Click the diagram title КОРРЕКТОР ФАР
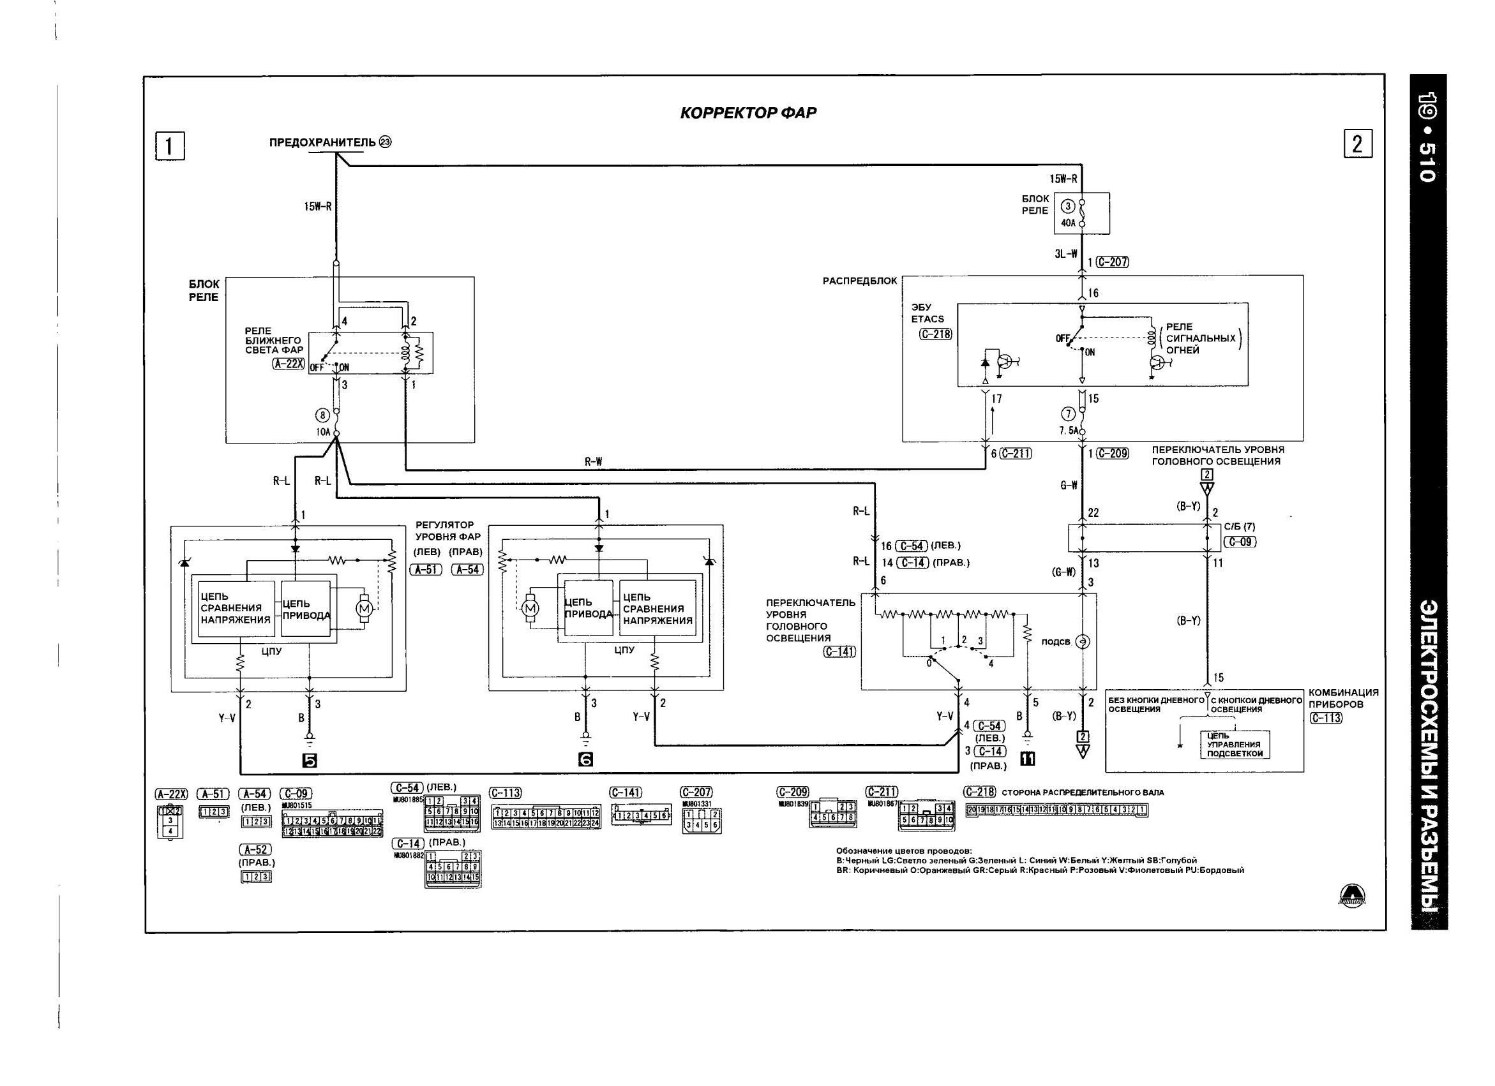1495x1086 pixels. click(747, 113)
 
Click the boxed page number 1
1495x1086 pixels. click(169, 145)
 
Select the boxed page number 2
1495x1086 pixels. click(1357, 144)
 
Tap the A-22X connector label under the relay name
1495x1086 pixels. click(288, 363)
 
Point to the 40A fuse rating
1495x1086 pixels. click(1068, 223)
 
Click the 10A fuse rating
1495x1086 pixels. click(323, 432)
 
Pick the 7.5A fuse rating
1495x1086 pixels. click(1069, 430)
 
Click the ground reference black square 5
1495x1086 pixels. click(309, 761)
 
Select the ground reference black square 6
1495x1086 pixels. click(585, 760)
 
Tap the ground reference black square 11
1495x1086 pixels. click(1027, 759)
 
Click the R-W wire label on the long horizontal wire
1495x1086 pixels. click(593, 462)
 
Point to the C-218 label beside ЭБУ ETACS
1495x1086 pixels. click(935, 334)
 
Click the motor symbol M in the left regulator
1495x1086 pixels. click(364, 607)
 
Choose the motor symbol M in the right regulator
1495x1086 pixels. click(530, 608)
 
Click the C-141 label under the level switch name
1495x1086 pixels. click(839, 651)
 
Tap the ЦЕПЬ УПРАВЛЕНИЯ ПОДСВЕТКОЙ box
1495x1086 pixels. click(1235, 745)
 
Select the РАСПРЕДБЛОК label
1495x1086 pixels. click(860, 281)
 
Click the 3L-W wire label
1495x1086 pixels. click(1065, 254)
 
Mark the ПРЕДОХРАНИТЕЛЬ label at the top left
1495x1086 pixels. click(322, 142)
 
